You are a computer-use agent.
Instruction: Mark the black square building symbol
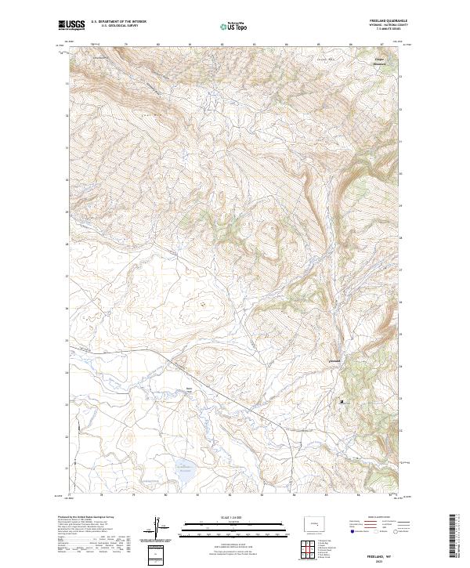tap(342, 401)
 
